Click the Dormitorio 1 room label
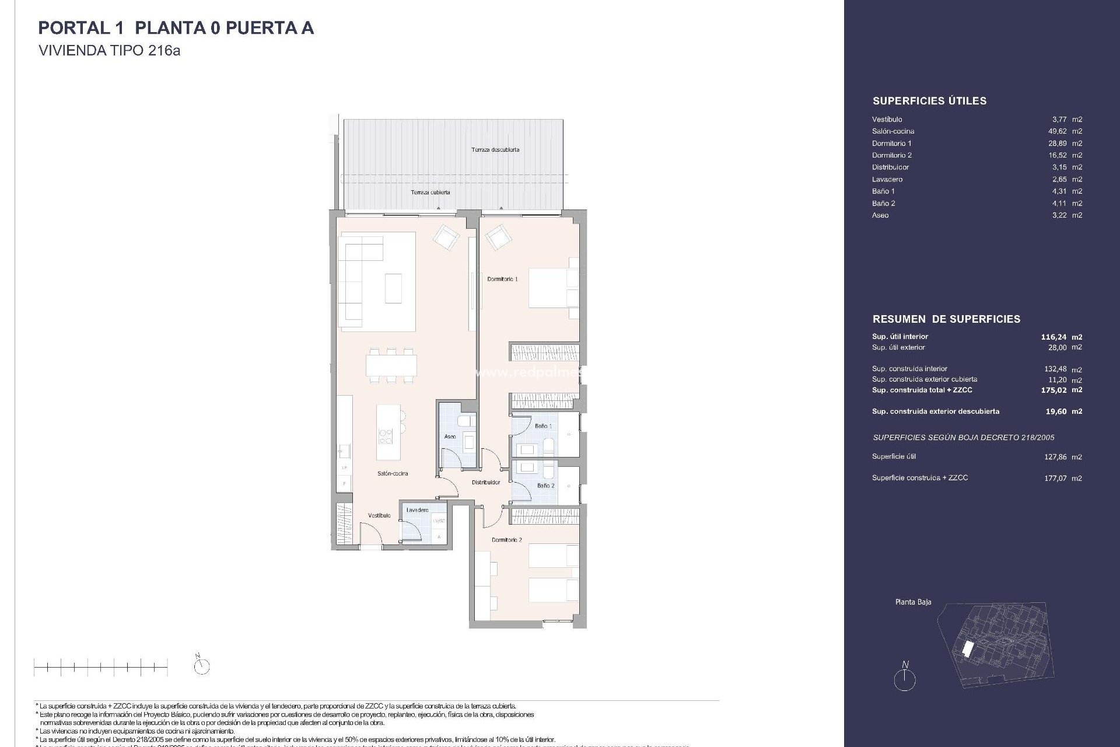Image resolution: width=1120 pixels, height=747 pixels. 502,279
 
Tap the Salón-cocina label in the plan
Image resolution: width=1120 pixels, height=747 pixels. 393,473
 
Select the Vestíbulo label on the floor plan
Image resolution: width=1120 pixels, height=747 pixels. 379,515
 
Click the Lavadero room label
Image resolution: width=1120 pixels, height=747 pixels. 417,510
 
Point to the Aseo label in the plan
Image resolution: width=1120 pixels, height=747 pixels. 450,437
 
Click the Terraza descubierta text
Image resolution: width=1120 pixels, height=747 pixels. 495,149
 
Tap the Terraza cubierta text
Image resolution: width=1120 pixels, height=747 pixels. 430,192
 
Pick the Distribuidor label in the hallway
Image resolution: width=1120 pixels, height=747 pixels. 486,483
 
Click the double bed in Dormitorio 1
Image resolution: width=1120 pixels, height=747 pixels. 551,288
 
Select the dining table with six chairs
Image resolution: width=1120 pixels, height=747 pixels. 391,365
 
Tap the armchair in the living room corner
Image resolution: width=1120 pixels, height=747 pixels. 446,238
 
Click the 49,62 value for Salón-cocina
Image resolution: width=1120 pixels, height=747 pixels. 1059,131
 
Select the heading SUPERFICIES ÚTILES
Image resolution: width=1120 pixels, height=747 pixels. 929,101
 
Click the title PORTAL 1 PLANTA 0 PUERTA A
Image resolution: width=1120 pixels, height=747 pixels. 176,28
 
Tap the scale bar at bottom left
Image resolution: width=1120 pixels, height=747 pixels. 100,666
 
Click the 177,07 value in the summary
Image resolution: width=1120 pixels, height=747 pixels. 1056,478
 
